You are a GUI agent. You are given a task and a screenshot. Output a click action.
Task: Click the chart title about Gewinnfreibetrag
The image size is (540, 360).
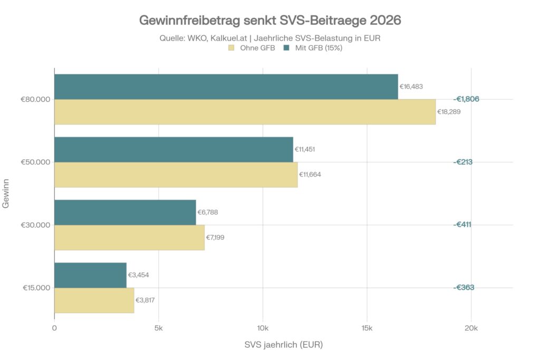coord(270,21)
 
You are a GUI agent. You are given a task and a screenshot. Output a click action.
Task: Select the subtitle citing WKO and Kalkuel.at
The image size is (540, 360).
coord(270,38)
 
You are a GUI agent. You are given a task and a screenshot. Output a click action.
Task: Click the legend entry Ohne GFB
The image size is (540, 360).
coord(252,48)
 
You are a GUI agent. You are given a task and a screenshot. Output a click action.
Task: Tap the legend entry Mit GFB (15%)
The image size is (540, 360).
coord(314,48)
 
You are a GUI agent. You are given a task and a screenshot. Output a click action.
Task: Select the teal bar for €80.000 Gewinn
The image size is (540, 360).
coord(226,87)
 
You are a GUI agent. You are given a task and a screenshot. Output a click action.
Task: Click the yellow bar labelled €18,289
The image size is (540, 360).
coord(245,112)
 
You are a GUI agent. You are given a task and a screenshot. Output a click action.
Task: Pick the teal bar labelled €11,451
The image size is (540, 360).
coord(173,150)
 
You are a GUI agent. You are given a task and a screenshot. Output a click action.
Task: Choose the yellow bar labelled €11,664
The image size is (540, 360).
coord(176,174)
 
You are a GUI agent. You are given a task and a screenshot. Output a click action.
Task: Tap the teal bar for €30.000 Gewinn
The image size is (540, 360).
coord(125,212)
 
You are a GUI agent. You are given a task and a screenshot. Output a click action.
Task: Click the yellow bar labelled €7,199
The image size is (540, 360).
coord(129,237)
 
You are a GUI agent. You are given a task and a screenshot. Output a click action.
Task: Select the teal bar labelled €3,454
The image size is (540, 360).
coord(90,275)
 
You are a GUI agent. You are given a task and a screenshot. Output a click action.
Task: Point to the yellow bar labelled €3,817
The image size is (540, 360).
coord(94,300)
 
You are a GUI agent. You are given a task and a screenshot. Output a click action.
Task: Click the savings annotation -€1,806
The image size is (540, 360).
coord(466,99)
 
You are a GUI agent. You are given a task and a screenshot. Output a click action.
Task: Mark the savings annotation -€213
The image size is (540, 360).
coord(463,162)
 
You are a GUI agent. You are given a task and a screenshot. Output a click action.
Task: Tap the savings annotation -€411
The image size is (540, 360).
coord(463,225)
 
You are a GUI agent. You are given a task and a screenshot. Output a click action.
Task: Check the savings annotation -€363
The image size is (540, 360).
coord(464,287)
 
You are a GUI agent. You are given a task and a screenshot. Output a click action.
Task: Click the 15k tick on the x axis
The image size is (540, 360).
coord(367,328)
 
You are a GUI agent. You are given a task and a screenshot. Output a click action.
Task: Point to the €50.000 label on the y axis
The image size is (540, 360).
coord(35,162)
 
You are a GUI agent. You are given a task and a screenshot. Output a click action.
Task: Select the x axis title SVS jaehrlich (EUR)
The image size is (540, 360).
coord(283,345)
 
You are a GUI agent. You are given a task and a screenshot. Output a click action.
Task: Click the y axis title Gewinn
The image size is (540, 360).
coord(6,193)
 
